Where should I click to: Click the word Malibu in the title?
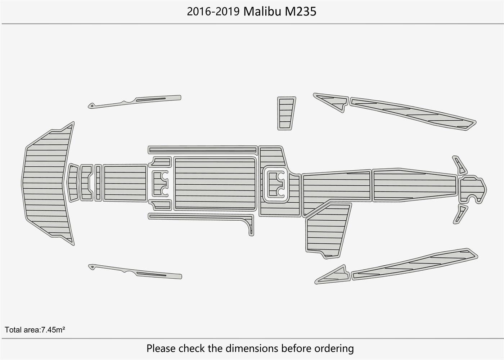262,12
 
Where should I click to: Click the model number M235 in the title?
301,12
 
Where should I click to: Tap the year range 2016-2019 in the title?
213,12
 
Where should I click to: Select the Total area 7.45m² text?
35,329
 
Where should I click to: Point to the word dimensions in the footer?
252,348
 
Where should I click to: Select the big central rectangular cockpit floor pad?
215,184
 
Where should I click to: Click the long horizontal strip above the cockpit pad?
203,149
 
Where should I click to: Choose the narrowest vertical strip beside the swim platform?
98,183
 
